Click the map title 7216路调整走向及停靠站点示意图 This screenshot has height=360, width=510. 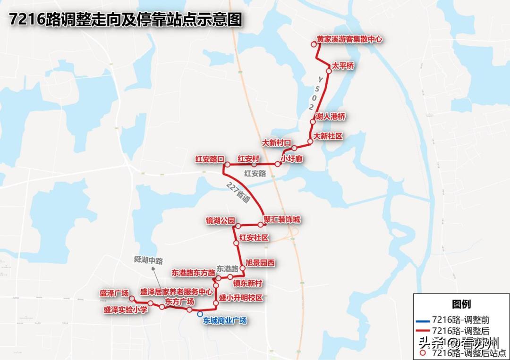(x=126, y=20)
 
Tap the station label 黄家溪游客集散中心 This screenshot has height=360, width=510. (x=349, y=40)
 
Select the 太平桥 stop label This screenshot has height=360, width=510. (x=343, y=66)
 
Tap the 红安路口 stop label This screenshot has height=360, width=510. (x=209, y=159)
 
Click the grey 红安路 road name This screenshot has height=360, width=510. (x=255, y=174)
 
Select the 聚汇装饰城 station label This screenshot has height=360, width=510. (x=282, y=220)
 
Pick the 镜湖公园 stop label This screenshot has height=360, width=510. (x=220, y=221)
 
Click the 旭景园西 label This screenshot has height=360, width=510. (x=260, y=263)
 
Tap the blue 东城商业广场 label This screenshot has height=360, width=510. (x=225, y=320)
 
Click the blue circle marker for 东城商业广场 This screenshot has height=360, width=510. (x=200, y=314)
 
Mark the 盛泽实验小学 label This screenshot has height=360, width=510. (x=126, y=310)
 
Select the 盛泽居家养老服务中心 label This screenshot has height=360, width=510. (x=177, y=292)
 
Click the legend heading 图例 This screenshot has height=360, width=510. (x=461, y=304)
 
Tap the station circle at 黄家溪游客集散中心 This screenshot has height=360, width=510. (x=313, y=45)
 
